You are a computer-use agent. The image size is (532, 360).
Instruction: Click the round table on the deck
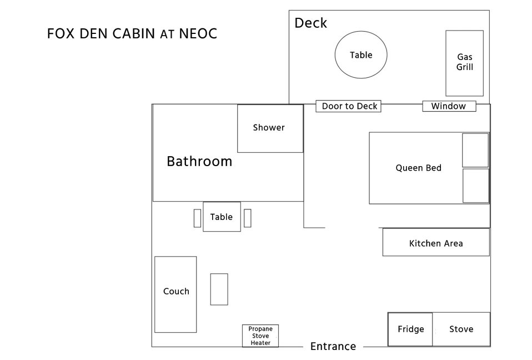(361, 54)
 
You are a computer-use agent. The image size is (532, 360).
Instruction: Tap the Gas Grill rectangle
(464, 63)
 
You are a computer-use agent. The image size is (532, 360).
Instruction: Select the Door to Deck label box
(348, 106)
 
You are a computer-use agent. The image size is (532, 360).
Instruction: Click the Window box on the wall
(449, 106)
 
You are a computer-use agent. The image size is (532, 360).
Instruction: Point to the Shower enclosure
(270, 128)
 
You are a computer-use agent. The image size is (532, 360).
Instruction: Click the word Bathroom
(199, 161)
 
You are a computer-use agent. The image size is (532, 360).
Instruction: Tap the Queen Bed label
(418, 168)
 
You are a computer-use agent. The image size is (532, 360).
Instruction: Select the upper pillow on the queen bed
(475, 150)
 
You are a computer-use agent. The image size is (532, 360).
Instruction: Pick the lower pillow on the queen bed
(476, 186)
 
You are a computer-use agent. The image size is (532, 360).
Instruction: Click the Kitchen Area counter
(436, 242)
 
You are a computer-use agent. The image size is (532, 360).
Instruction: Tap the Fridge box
(410, 329)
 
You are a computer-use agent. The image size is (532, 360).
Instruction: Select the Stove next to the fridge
(461, 329)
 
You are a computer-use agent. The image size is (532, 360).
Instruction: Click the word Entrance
(333, 346)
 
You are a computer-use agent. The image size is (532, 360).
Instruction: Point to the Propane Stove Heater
(260, 336)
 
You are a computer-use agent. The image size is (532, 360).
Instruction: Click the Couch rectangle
(175, 294)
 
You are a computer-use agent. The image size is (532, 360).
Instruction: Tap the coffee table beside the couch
(219, 289)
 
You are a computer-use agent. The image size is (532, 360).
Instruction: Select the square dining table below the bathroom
(222, 217)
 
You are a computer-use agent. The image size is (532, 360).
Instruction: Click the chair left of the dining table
(197, 218)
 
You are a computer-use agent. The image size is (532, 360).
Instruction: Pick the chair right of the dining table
(248, 218)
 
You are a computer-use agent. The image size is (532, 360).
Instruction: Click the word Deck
(310, 23)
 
